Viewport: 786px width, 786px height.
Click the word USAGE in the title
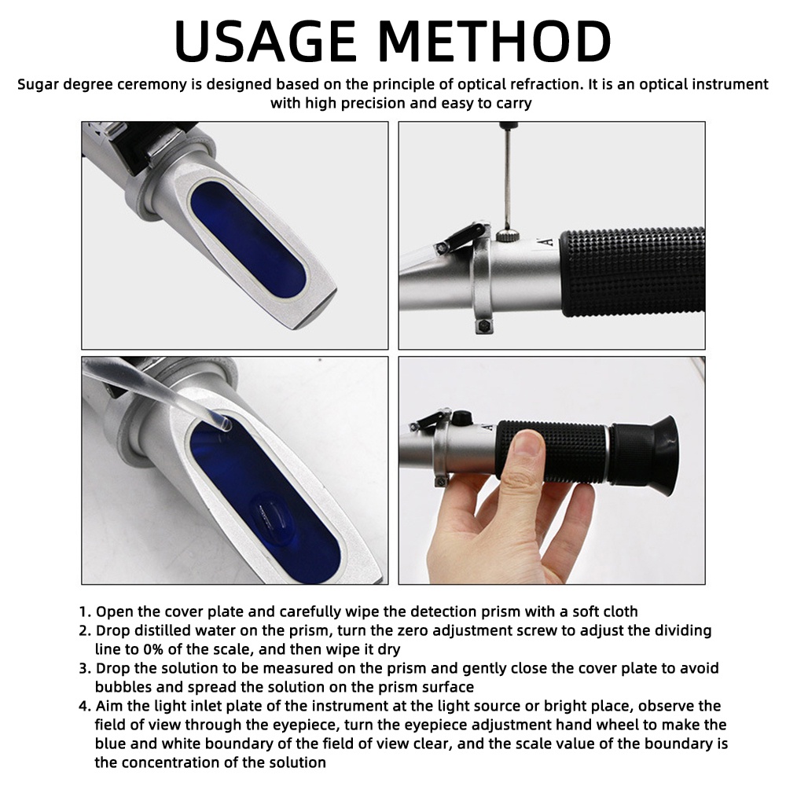(x=265, y=41)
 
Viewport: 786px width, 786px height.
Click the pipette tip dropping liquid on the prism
(x=225, y=423)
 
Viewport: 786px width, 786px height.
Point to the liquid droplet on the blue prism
(x=272, y=516)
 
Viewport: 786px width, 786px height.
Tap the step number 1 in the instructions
(x=85, y=612)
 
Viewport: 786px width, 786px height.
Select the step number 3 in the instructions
(x=85, y=668)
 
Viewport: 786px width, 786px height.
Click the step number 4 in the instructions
(x=85, y=706)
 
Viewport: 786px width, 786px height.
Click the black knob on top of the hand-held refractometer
(x=461, y=417)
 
